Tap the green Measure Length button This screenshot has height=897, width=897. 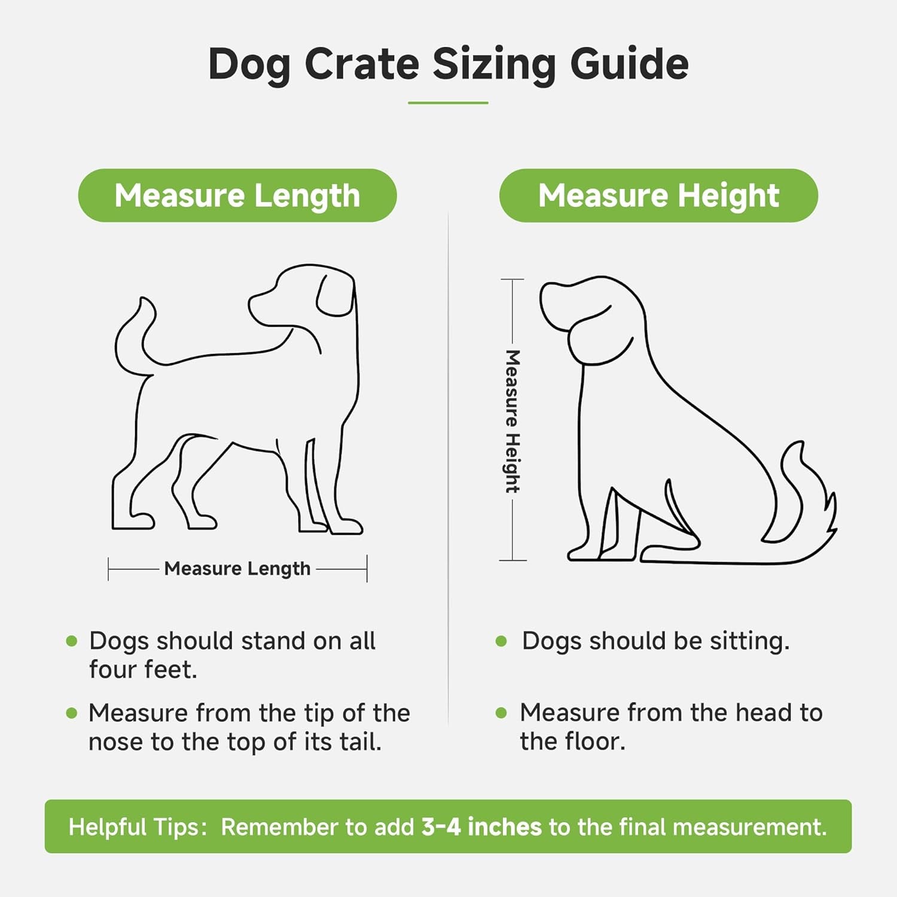coord(237,196)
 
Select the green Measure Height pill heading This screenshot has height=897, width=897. coord(658,196)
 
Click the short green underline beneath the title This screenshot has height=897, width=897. coord(448,103)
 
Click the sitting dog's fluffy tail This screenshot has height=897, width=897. coord(807,496)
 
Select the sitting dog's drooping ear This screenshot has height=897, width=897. coord(598,338)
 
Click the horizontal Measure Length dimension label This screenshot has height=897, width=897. coord(237,568)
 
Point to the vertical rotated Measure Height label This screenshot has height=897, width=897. coord(512,421)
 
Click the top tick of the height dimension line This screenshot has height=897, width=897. coord(512,279)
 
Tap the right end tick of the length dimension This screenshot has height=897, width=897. coord(367,568)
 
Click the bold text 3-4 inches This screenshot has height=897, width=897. coord(481,826)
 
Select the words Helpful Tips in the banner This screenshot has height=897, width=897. coord(137,826)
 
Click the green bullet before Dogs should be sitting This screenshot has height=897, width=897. coord(501,642)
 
